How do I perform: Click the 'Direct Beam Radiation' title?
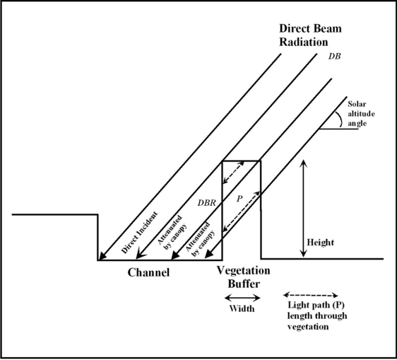(310, 35)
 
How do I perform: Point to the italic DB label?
(334, 57)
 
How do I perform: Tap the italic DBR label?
(206, 203)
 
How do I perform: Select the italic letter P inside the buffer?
(239, 199)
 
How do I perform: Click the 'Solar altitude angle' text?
(361, 114)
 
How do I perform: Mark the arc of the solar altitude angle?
(340, 119)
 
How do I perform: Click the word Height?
(320, 243)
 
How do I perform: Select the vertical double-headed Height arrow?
(303, 209)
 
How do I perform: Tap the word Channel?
(148, 272)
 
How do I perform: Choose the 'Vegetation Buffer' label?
(243, 277)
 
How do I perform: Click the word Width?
(242, 308)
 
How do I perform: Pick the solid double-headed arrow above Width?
(242, 298)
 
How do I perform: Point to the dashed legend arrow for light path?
(310, 295)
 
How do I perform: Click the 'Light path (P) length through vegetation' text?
(316, 315)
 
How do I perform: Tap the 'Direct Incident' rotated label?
(139, 232)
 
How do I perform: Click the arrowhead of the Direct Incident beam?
(101, 256)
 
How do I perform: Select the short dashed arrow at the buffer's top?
(233, 173)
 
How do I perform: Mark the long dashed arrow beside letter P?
(241, 211)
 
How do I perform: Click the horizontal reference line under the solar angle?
(338, 129)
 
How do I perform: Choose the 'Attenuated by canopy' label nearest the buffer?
(201, 239)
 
